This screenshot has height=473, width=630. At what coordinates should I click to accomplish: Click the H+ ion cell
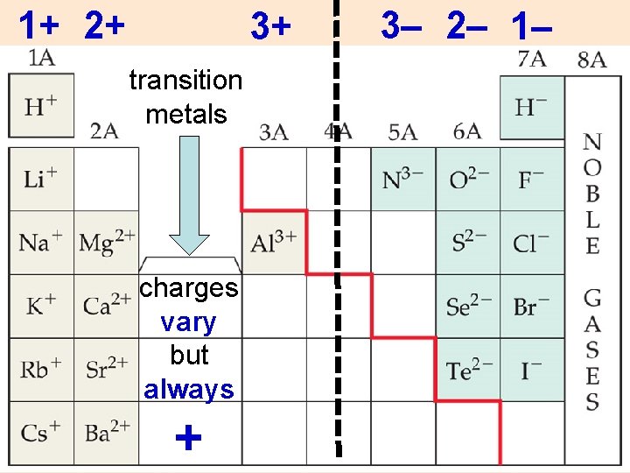tap(40, 107)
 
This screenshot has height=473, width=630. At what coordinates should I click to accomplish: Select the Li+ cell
tap(40, 180)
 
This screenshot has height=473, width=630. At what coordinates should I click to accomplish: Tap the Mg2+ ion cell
tap(106, 241)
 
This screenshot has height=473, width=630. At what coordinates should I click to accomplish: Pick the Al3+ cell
tap(274, 241)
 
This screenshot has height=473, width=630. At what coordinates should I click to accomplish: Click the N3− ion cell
tap(402, 180)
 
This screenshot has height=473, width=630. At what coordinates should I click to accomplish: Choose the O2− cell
tap(467, 180)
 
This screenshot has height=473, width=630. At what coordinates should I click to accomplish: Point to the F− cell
tap(531, 180)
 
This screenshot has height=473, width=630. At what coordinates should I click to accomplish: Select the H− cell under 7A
tap(531, 107)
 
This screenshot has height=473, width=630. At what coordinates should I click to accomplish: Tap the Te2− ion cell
tap(467, 370)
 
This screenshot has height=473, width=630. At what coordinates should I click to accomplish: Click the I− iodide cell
tap(531, 370)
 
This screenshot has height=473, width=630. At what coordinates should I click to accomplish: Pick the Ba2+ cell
tap(106, 432)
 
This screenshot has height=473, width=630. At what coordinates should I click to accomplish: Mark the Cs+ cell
tap(40, 432)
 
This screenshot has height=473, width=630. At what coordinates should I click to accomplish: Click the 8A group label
tap(592, 60)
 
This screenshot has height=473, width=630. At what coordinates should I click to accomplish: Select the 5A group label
tap(402, 131)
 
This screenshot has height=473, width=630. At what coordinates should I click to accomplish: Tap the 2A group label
tap(104, 131)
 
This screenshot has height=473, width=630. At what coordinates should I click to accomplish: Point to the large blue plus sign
tap(188, 437)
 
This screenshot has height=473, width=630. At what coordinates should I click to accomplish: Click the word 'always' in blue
tap(189, 389)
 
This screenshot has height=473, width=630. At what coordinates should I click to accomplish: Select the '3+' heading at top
tap(269, 26)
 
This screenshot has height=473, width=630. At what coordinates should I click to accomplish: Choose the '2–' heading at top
tap(466, 27)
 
